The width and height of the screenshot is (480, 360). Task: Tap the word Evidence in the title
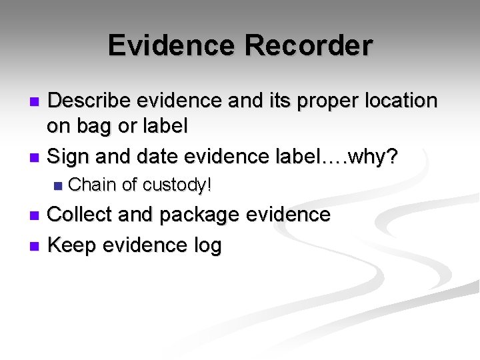click(x=171, y=46)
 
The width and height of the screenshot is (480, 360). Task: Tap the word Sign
click(x=70, y=157)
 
